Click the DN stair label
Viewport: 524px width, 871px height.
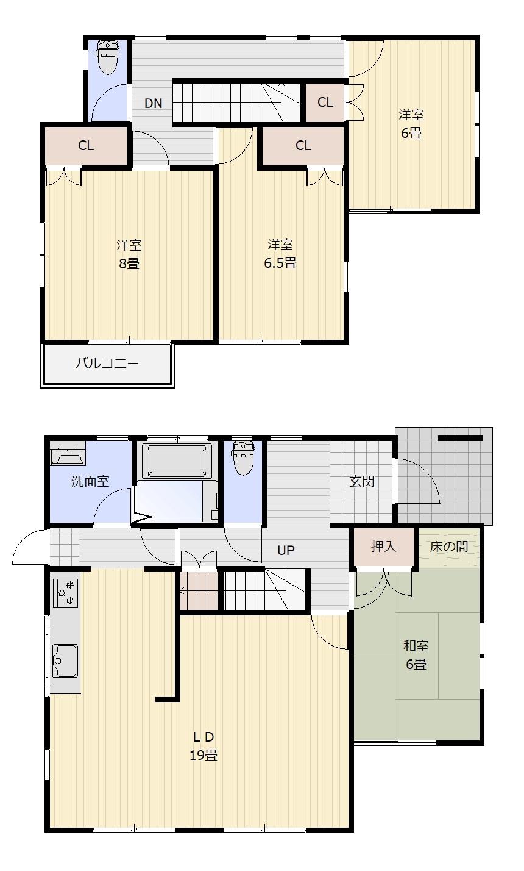click(x=153, y=103)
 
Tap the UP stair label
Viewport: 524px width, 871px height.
click(x=286, y=550)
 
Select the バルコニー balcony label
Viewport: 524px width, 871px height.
click(x=107, y=363)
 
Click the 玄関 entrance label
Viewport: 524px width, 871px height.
click(x=362, y=481)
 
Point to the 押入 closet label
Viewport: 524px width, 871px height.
click(x=383, y=547)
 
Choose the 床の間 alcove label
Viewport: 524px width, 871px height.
click(x=448, y=547)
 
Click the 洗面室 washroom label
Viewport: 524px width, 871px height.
click(x=90, y=481)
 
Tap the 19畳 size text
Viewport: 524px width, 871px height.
click(x=203, y=755)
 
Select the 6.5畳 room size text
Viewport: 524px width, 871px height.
click(x=280, y=263)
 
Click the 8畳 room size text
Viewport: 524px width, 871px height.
click(x=129, y=263)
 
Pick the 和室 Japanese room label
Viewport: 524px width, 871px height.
click(x=416, y=646)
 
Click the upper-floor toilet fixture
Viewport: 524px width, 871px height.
click(x=107, y=57)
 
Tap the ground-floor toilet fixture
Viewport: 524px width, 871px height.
click(x=243, y=459)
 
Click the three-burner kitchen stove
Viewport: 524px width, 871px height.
click(x=65, y=593)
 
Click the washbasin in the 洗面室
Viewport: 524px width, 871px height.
click(x=68, y=454)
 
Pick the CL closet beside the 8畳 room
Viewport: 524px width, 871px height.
click(x=87, y=146)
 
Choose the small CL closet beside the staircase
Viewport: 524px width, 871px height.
click(x=325, y=102)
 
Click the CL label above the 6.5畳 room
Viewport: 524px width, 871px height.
click(x=303, y=145)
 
